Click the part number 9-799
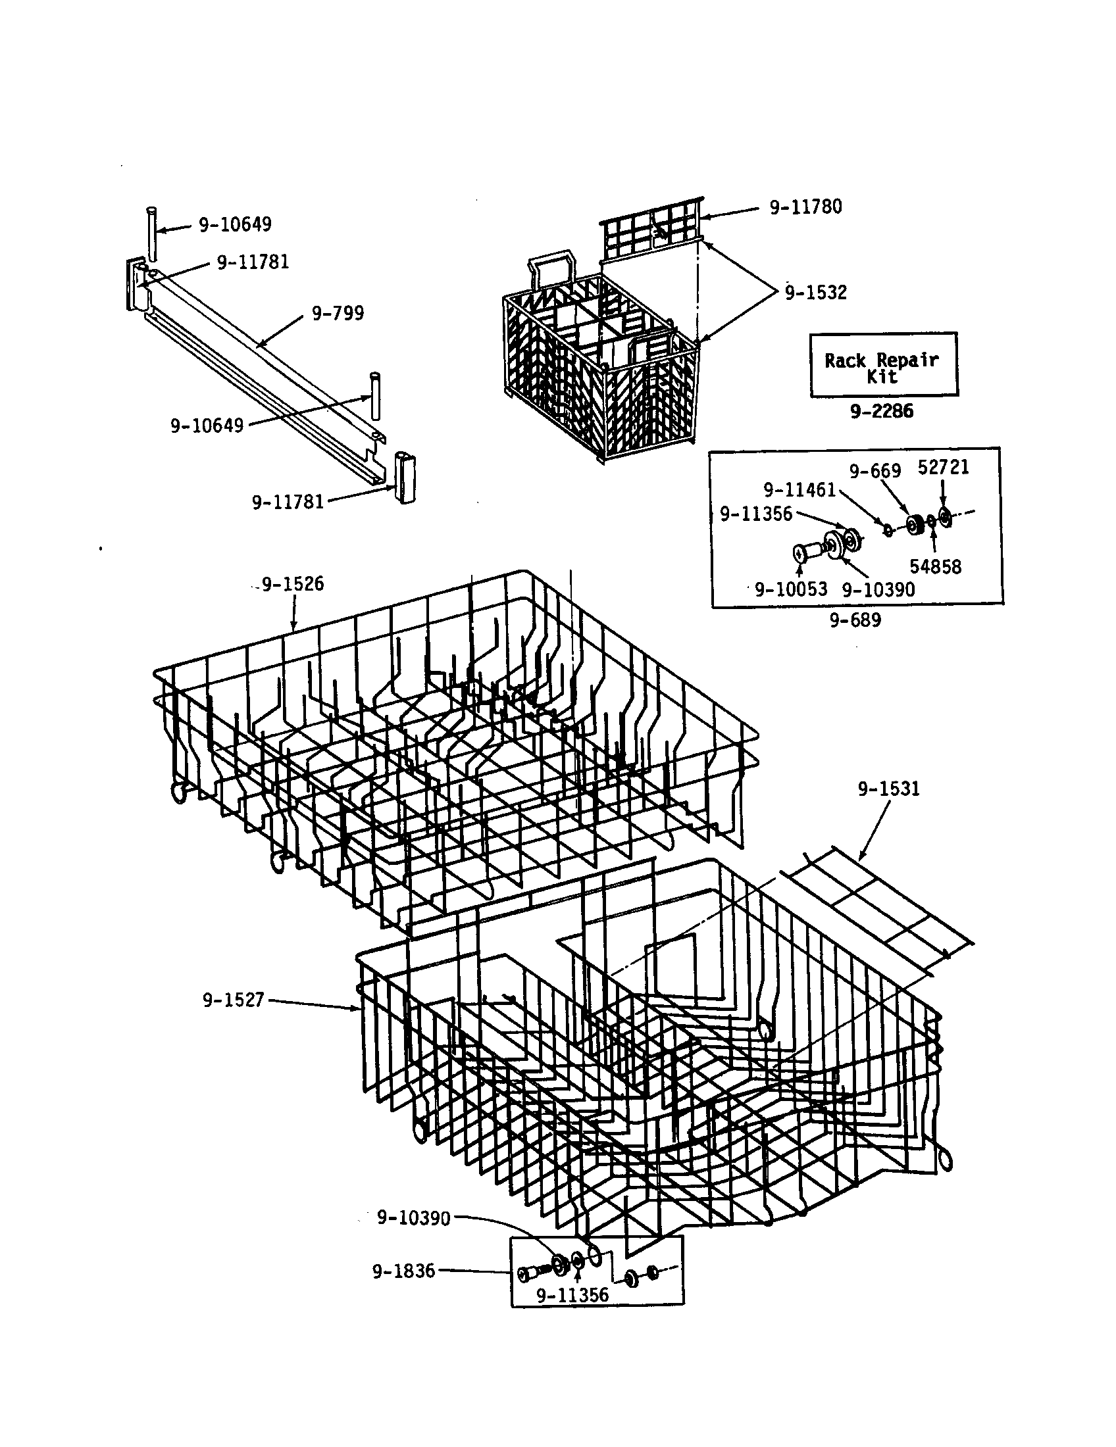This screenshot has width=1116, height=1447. coord(338,313)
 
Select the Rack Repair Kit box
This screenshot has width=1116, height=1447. coord(883,364)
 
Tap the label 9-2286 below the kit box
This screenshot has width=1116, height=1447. coord(881,412)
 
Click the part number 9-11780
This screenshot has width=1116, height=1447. coord(805,207)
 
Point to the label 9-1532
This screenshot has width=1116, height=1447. coord(816,293)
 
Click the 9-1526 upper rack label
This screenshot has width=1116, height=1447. coord(292,584)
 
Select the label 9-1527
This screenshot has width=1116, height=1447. coord(234,1000)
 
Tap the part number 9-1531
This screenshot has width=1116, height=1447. coord(889,789)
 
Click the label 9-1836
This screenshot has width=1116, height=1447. coord(403,1271)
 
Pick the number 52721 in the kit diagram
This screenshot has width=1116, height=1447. coord(943,468)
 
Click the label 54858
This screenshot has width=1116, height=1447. coord(935,566)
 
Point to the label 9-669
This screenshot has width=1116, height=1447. coord(875,471)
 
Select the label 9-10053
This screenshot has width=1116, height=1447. coord(791,590)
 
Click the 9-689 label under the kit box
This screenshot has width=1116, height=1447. coord(855,621)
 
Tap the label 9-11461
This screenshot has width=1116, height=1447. coord(799,490)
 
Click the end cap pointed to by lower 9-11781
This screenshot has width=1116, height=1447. coord(403,477)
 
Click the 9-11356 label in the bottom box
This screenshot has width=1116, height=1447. coord(572,1295)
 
